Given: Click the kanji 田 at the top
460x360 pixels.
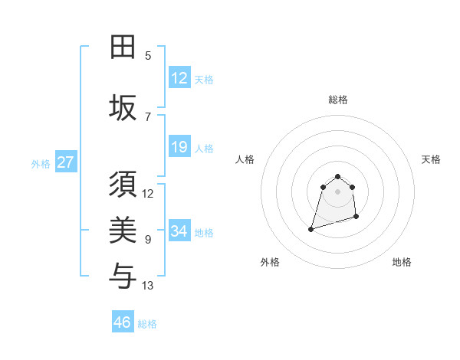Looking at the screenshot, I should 123,47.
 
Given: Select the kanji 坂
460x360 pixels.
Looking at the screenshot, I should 123,107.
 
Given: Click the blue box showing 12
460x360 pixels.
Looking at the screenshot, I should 179,78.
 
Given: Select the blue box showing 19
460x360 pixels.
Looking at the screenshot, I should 179,147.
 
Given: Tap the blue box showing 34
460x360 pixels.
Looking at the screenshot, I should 179,231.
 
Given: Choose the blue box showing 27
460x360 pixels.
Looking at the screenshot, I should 66,162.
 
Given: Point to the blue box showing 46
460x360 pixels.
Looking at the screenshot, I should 123,322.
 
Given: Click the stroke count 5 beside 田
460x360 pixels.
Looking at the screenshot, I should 148,55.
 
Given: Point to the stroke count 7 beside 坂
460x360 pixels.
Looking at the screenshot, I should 148,116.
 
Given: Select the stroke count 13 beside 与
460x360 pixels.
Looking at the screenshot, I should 148,286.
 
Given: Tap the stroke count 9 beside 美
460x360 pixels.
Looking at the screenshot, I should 148,240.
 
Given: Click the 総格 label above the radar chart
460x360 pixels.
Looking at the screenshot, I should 337,100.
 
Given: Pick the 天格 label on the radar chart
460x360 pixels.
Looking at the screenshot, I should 432,159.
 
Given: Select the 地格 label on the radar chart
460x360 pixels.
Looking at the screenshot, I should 402,262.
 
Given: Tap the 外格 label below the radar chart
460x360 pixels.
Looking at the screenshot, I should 270,262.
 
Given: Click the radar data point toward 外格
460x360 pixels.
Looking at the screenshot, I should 311,228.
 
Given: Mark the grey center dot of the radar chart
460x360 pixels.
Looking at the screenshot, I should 337,191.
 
